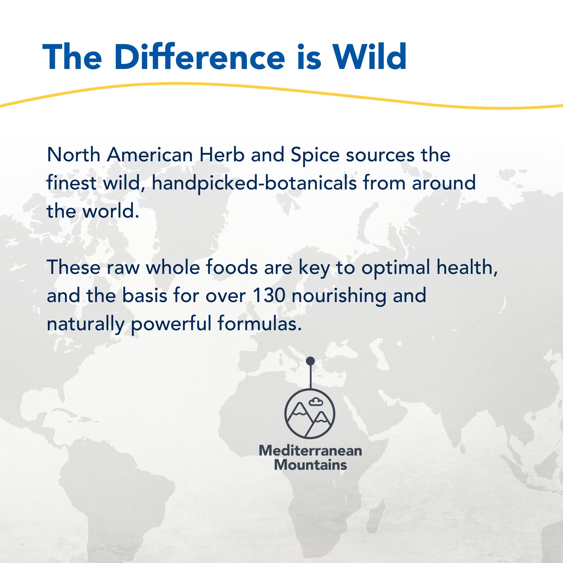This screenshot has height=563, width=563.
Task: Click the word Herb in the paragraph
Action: click(x=222, y=155)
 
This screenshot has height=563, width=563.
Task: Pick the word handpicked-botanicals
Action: click(x=254, y=183)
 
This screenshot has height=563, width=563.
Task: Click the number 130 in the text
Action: click(x=269, y=296)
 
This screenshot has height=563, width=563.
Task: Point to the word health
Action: click(x=467, y=267)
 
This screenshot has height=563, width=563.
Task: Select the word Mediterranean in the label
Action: click(x=310, y=450)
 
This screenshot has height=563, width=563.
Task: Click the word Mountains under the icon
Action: click(x=310, y=464)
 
